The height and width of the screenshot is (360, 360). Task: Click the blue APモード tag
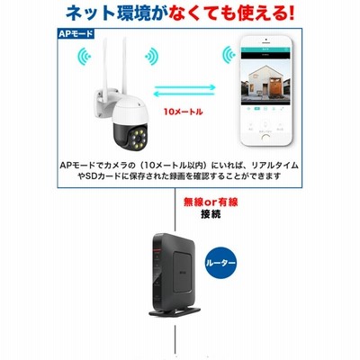click(76, 33)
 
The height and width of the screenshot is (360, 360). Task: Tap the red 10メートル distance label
click(183, 112)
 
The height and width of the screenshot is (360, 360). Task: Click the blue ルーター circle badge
click(220, 263)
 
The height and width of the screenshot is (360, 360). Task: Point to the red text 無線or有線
click(211, 202)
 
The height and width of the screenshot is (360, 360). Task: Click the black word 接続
click(211, 214)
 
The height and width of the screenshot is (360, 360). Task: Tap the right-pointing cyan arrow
click(184, 87)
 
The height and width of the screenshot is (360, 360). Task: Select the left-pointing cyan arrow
click(184, 94)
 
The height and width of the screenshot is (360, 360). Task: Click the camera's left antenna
click(106, 64)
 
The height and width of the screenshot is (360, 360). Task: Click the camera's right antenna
click(124, 66)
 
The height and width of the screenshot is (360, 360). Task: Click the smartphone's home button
click(265, 138)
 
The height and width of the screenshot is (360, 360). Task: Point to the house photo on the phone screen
click(265, 81)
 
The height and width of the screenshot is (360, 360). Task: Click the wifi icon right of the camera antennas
click(152, 56)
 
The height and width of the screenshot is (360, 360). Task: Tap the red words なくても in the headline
click(197, 13)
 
